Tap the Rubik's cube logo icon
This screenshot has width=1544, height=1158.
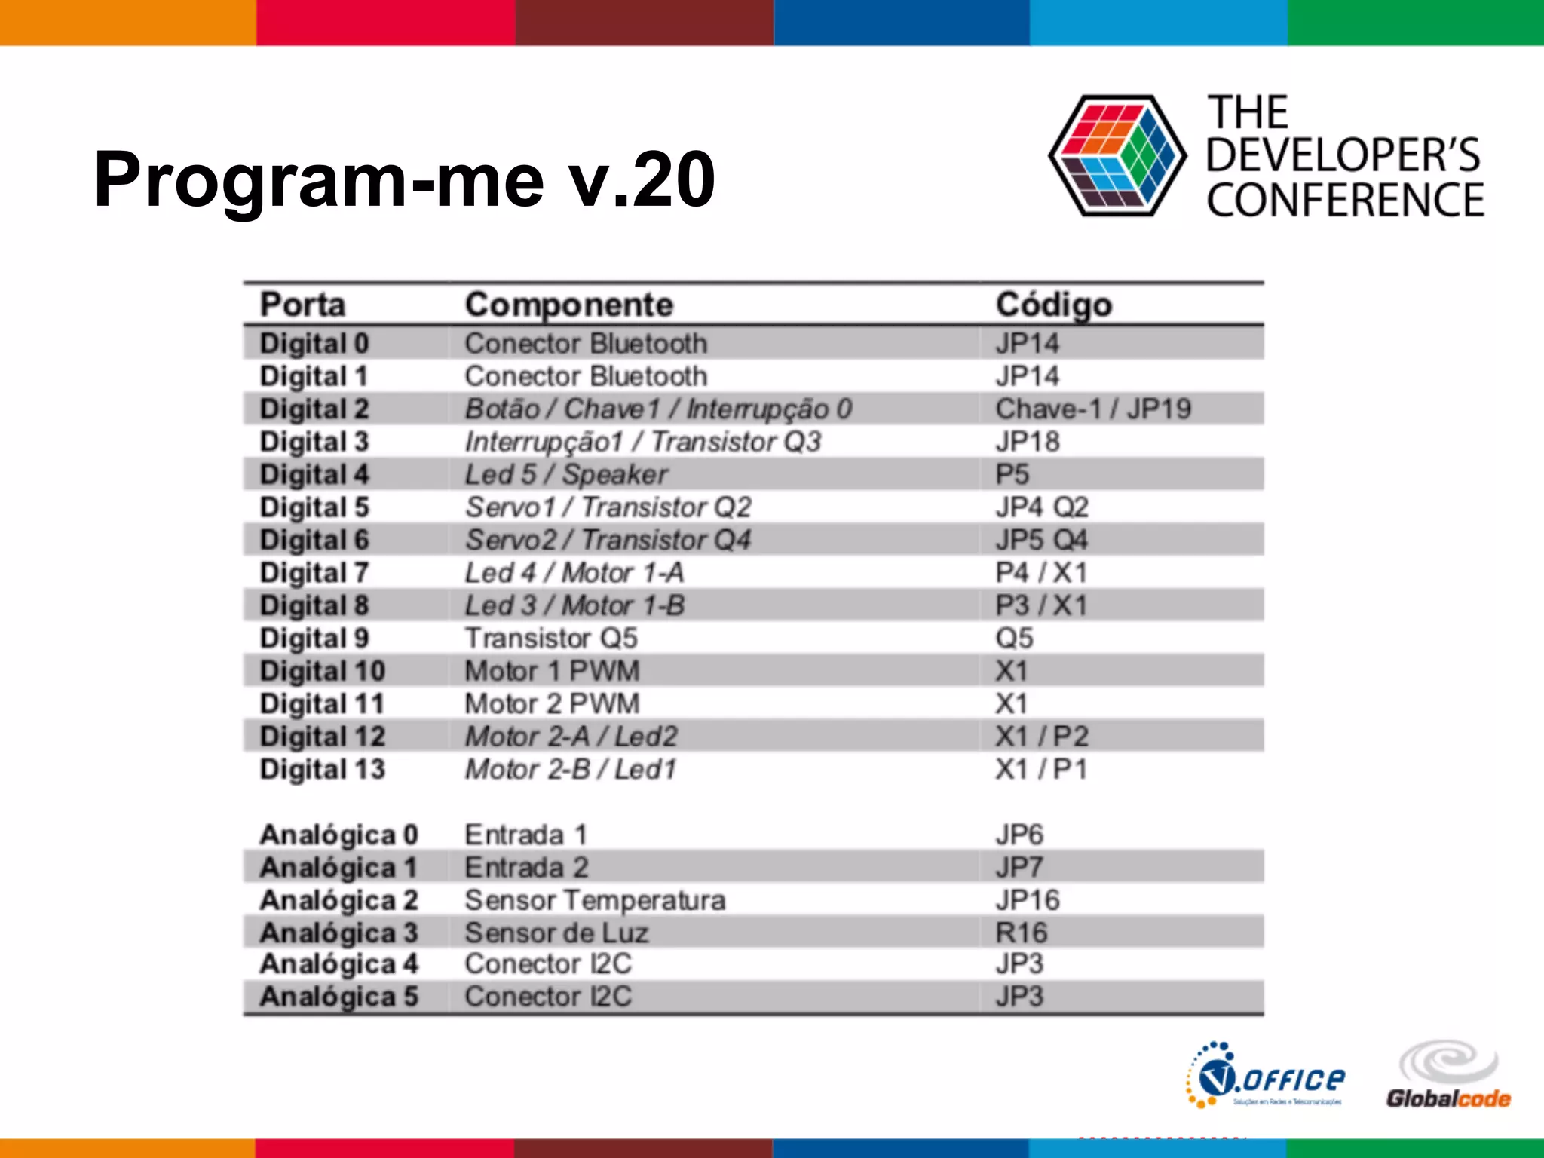[x=1117, y=156]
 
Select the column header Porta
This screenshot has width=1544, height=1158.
[x=302, y=305]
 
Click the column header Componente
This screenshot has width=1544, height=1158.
[x=568, y=305]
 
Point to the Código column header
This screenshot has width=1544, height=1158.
[x=1053, y=305]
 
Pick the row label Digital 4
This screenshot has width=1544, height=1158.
[x=314, y=474]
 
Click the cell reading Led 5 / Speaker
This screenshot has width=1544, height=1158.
[x=565, y=474]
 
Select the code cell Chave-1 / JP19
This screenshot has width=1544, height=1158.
[x=1092, y=409]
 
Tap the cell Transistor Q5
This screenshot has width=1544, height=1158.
[x=550, y=638]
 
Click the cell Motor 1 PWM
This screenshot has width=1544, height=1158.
[x=552, y=670]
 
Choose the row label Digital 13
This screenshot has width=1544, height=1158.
[x=322, y=769]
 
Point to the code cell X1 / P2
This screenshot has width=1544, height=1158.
[x=1041, y=736]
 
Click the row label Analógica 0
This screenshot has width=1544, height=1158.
[x=338, y=835]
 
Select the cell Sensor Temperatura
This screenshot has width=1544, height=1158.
[x=595, y=899]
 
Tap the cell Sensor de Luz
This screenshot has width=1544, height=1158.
[x=556, y=933]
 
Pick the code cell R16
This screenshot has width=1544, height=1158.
[x=1021, y=933]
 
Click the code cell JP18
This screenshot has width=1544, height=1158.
[x=1027, y=441]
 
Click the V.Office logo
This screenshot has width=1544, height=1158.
[x=1266, y=1076]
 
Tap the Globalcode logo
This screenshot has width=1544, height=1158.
[x=1447, y=1076]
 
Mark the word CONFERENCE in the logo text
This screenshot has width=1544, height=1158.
[x=1344, y=200]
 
